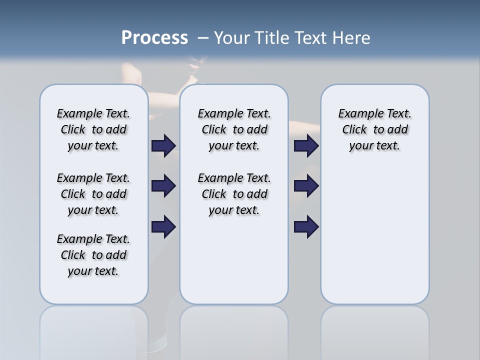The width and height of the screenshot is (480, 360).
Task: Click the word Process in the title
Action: [x=154, y=38]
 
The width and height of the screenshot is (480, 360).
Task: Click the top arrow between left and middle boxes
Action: [x=163, y=145]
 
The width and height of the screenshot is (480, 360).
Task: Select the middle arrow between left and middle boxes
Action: [x=163, y=186]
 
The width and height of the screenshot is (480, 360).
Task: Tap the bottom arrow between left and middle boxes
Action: [x=163, y=226]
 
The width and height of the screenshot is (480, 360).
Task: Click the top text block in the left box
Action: [x=93, y=129]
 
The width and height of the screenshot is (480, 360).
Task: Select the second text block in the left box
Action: [x=93, y=194]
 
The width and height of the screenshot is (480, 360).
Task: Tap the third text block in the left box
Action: [x=93, y=255]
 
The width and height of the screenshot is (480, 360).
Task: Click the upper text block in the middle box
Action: [x=234, y=129]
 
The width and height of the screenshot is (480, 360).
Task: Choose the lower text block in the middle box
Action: [x=234, y=194]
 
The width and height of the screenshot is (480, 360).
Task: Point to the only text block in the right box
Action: [x=374, y=129]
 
